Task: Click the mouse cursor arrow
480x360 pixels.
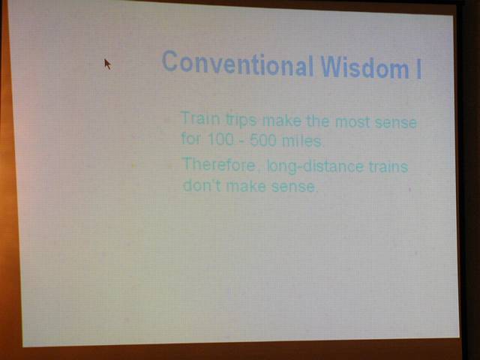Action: click(x=107, y=64)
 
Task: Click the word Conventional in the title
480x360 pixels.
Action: click(x=238, y=63)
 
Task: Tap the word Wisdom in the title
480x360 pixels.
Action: click(x=364, y=67)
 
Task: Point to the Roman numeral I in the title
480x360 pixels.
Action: click(x=418, y=70)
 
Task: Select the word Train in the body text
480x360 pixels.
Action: click(x=200, y=118)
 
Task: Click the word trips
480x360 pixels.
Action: click(x=241, y=120)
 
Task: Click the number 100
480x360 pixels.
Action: click(x=220, y=139)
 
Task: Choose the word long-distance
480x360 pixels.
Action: click(x=315, y=167)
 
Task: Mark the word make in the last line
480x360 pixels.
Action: click(x=246, y=186)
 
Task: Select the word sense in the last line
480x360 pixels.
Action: click(x=294, y=187)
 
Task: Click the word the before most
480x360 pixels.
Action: click(x=318, y=121)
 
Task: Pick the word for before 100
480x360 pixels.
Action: click(x=191, y=139)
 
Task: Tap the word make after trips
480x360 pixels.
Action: click(x=282, y=121)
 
